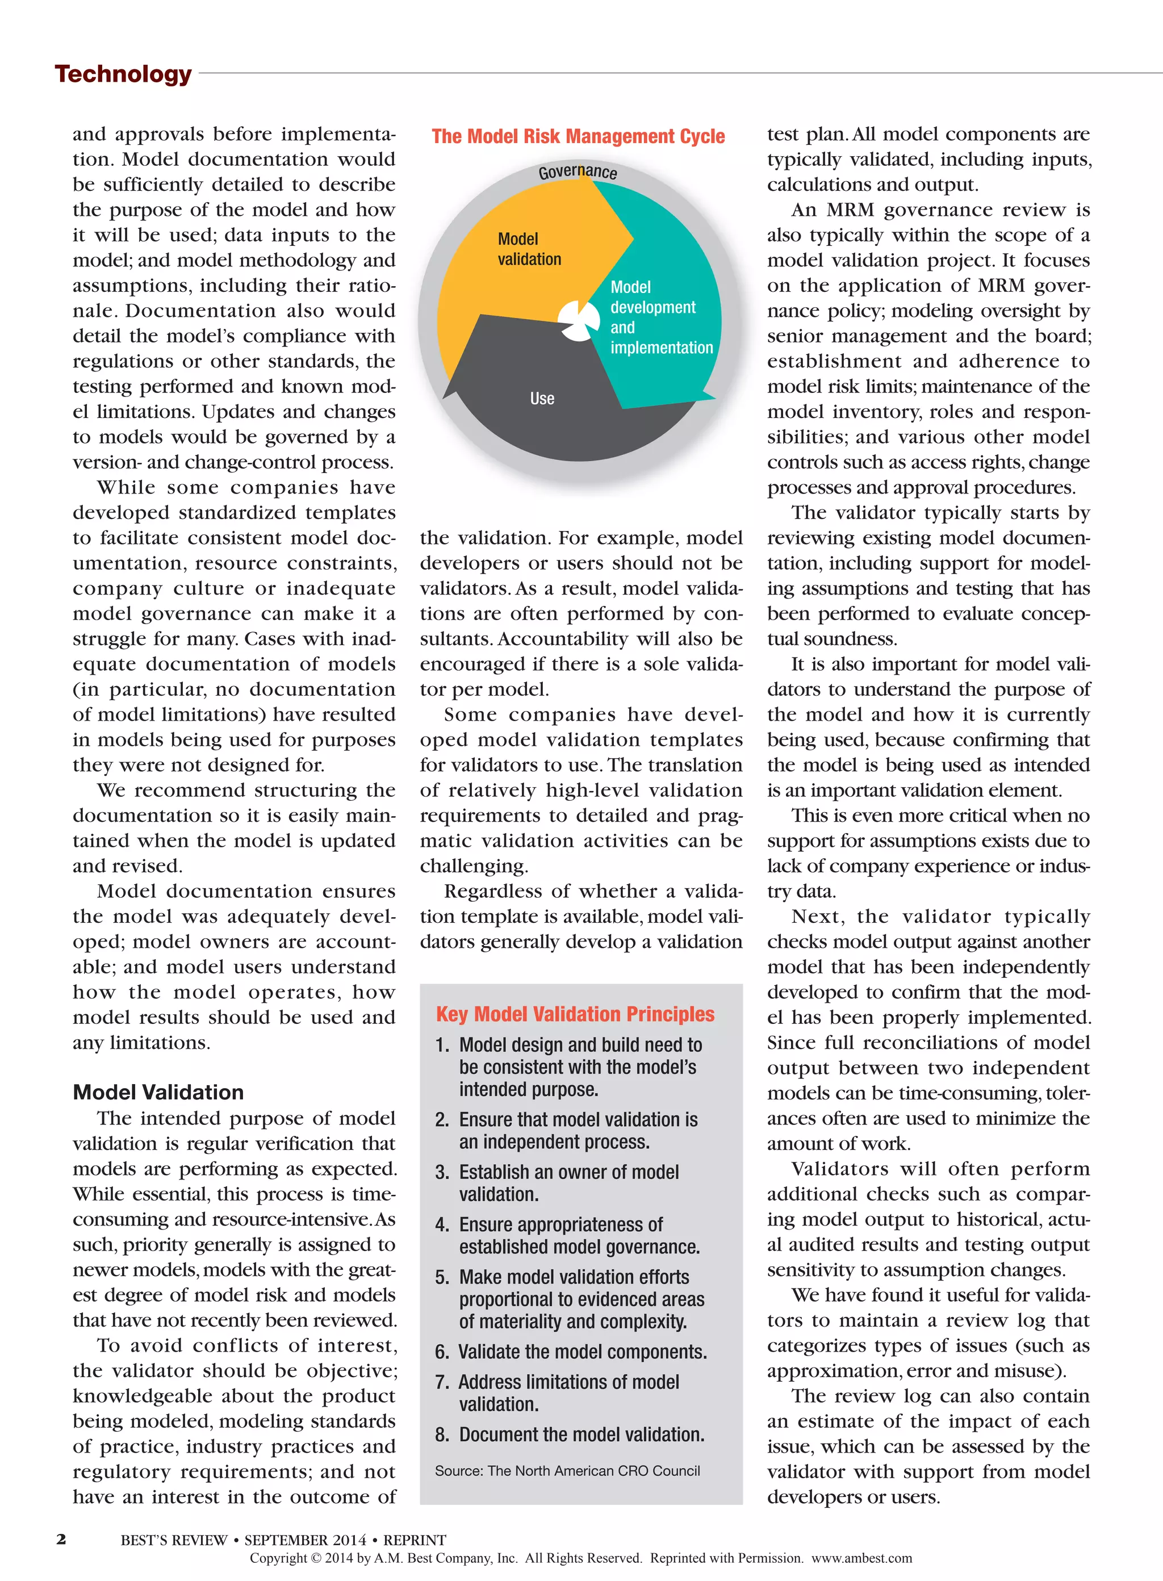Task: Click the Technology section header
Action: tap(123, 74)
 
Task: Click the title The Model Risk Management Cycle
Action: tap(578, 136)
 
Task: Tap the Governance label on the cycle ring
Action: tap(578, 172)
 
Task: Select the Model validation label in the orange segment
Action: tap(529, 249)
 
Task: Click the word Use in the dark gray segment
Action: tap(542, 399)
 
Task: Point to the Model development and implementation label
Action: tap(660, 317)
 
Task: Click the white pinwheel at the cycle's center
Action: tap(578, 321)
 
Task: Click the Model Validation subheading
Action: tap(158, 1092)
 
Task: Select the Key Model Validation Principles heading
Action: tap(575, 1014)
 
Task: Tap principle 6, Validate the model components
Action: tap(582, 1352)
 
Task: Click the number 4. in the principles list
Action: tap(442, 1225)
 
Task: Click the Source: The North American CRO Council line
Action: tap(567, 1470)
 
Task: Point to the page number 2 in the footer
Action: tap(61, 1540)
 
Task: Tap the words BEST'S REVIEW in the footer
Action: tap(174, 1540)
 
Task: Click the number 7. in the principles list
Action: tap(442, 1382)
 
